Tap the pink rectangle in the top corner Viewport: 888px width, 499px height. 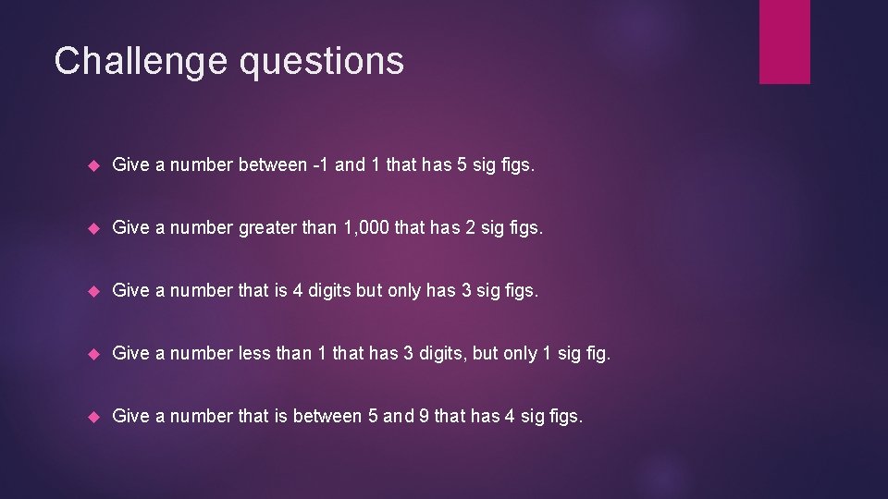coord(784,42)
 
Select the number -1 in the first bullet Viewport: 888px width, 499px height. coord(319,164)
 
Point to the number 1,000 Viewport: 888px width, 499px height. coord(362,227)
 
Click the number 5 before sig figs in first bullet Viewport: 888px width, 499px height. coord(455,164)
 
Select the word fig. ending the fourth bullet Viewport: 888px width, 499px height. coord(597,353)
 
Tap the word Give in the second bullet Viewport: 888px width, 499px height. coord(130,227)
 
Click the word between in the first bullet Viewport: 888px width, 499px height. coord(274,164)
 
